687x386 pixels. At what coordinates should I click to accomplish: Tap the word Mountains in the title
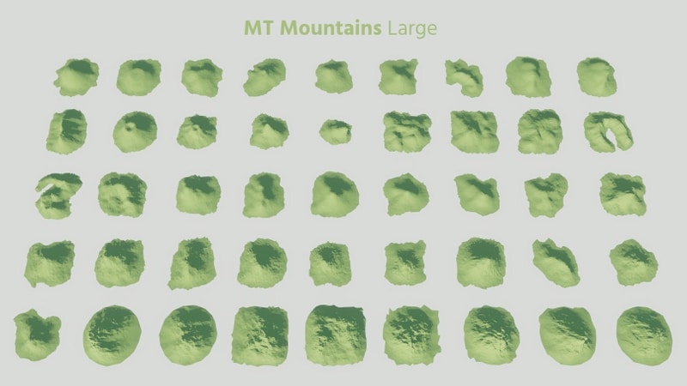tap(331, 28)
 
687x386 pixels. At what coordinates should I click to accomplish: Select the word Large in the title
tap(411, 29)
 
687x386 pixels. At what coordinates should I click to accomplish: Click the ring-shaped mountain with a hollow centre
tap(608, 131)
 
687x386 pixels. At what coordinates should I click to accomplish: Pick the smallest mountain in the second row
tap(335, 131)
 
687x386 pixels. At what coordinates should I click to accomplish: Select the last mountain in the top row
tap(597, 76)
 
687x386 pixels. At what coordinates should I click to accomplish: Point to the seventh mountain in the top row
tap(464, 76)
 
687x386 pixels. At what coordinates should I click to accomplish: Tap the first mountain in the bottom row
tap(36, 331)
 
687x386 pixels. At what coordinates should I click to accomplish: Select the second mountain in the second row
tap(134, 131)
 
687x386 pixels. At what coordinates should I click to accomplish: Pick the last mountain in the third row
tap(622, 192)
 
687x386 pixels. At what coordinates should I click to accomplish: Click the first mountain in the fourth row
tap(50, 262)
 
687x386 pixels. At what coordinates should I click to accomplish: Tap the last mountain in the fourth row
tap(634, 262)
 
